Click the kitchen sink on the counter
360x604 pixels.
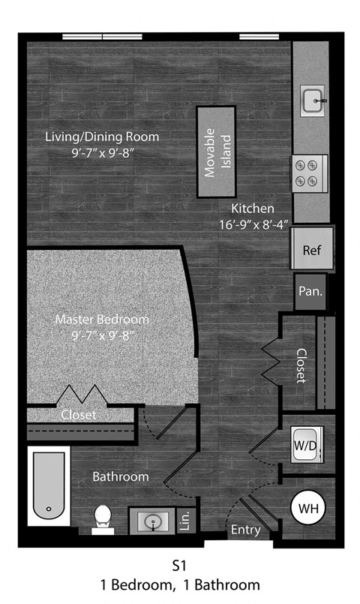(313, 101)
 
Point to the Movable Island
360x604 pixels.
(216, 152)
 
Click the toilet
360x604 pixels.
(103, 518)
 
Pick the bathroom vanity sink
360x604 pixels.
(152, 520)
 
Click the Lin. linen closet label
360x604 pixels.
(185, 520)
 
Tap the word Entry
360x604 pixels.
(245, 530)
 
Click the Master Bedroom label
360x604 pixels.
(102, 320)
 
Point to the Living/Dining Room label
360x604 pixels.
(102, 137)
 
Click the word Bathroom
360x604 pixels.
(120, 476)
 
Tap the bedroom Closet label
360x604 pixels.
(78, 414)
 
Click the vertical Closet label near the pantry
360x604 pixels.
(301, 365)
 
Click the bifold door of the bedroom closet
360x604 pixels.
(81, 395)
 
